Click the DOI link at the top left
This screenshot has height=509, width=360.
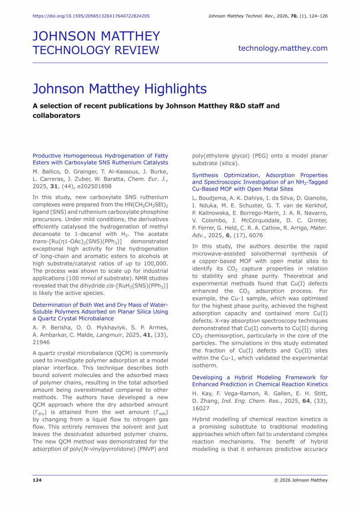point(91,16)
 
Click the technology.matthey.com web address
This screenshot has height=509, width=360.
point(282,48)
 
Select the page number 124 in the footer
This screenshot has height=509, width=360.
point(37,480)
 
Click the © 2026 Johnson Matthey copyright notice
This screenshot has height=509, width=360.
point(301,480)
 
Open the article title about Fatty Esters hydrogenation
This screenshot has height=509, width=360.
point(100,159)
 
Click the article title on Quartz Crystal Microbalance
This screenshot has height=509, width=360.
point(100,312)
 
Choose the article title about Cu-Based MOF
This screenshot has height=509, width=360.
point(260,182)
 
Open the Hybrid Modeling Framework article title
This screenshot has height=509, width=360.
point(260,381)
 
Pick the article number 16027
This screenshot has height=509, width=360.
point(201,407)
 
